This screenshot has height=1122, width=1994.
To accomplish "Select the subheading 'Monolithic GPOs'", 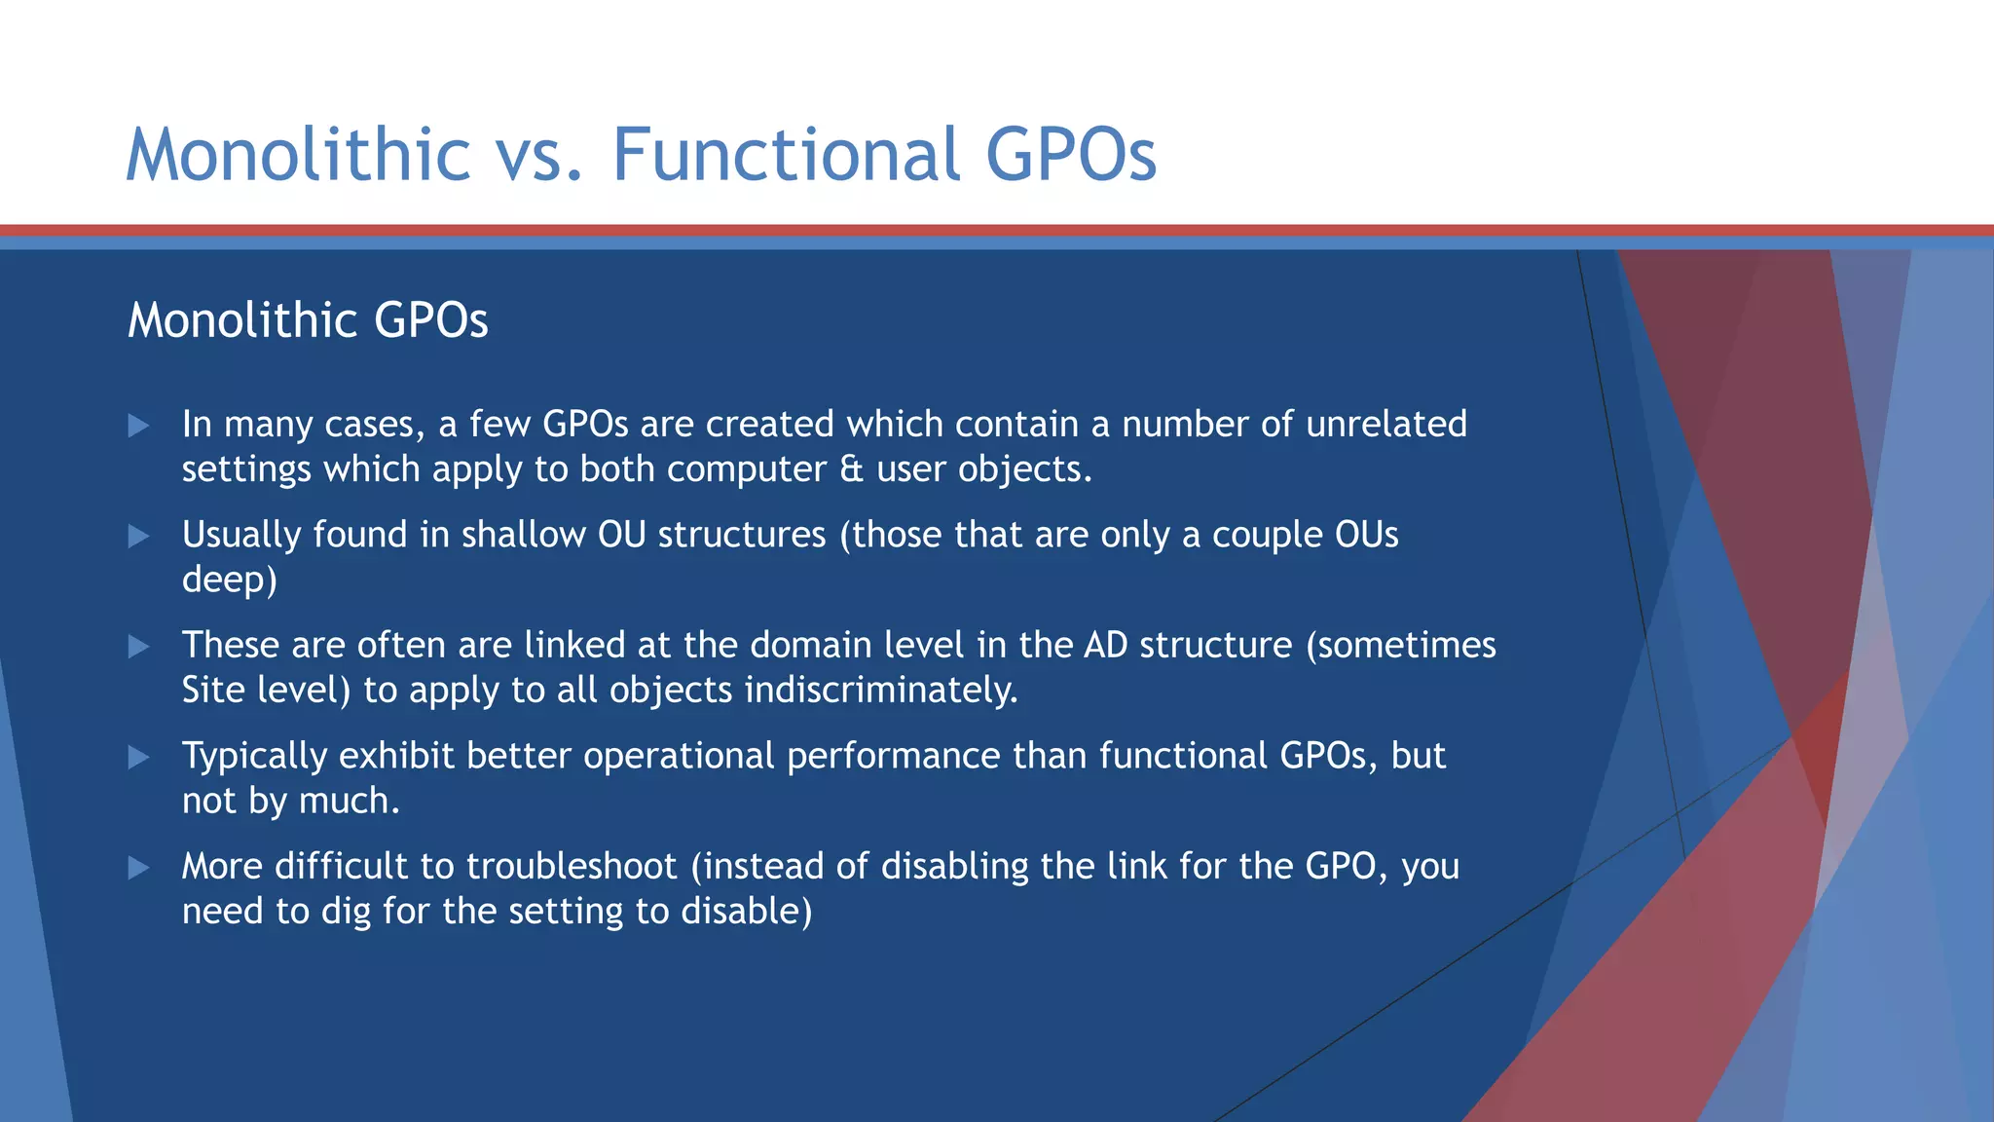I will [x=308, y=320].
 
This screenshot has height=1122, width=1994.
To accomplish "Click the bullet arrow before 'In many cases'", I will [x=138, y=426].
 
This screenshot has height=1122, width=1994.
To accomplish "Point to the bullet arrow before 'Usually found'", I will [x=138, y=536].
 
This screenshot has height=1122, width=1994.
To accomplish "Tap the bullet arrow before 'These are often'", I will [x=138, y=647].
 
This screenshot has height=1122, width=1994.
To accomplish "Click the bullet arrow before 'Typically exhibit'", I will [x=138, y=757].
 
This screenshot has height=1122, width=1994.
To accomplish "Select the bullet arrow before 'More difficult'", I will [x=138, y=868].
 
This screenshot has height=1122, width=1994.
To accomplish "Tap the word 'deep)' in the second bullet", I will [x=230, y=580].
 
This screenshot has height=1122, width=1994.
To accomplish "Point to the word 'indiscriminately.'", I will [x=881, y=691].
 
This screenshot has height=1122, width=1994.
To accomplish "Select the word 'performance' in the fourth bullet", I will [x=893, y=756].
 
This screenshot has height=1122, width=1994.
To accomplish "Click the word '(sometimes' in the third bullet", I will [x=1400, y=645].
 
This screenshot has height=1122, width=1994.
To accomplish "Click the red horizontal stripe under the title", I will [x=997, y=231].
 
